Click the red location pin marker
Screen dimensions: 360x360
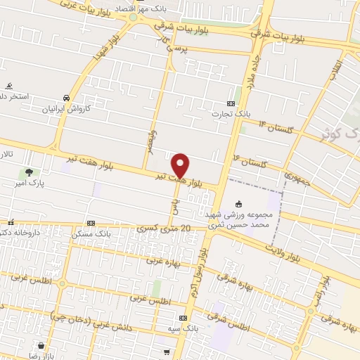tap(181, 165)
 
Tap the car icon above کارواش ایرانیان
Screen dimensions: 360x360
tap(66, 98)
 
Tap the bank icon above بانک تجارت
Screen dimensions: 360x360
tap(231, 103)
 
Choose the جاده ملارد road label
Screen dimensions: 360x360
tap(249, 70)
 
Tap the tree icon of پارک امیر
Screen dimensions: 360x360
tap(29, 172)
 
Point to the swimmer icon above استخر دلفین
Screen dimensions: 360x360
tap(8, 85)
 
